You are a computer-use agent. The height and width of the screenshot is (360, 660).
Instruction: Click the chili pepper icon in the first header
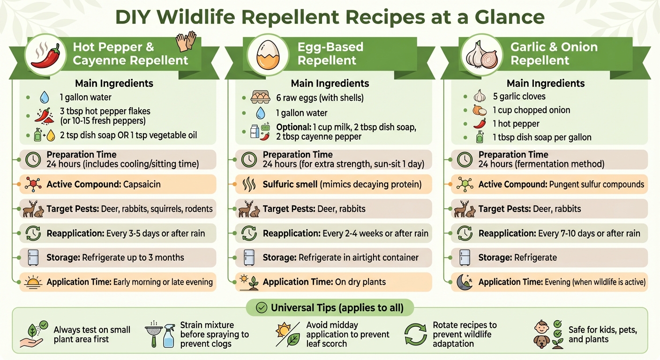point(45,56)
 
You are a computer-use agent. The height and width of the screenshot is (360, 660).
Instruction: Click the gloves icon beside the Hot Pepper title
point(186,42)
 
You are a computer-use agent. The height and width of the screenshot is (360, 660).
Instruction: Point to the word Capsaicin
point(142,184)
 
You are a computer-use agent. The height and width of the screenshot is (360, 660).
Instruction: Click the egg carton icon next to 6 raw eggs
point(261,97)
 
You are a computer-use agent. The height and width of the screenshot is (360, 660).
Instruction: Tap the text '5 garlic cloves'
point(519,97)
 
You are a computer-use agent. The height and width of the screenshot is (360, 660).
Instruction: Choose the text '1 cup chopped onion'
point(531,110)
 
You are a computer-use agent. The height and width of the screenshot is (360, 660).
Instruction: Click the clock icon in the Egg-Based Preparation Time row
point(249,160)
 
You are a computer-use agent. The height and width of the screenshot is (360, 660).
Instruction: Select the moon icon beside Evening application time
point(465,282)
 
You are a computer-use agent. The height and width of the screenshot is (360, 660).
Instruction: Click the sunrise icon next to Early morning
point(33,282)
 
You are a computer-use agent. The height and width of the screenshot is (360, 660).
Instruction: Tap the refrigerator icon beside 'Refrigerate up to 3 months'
point(33,257)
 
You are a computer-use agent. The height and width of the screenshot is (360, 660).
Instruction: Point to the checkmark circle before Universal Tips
point(262,308)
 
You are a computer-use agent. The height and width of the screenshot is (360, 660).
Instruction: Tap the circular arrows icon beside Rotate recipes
point(415,334)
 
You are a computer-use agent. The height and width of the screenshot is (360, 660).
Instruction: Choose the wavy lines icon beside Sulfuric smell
point(249,185)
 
